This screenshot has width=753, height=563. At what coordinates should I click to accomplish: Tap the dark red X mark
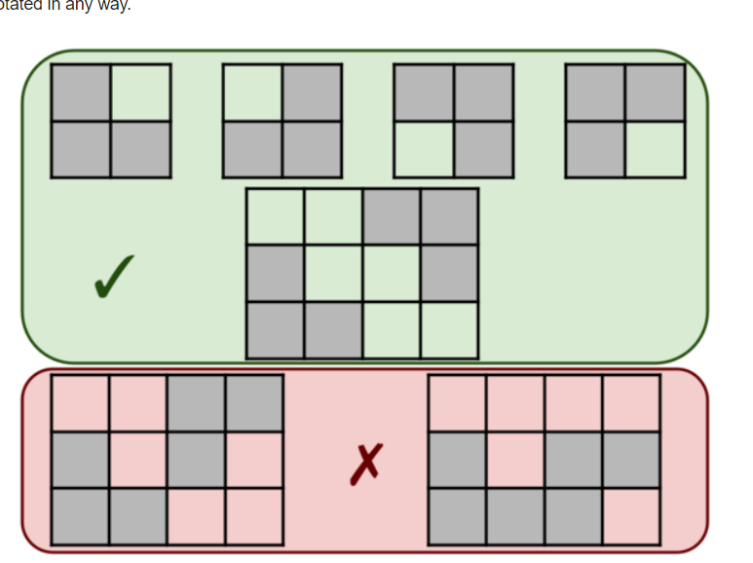coord(365,464)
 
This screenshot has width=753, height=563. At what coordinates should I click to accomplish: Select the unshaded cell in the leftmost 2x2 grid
coord(140,93)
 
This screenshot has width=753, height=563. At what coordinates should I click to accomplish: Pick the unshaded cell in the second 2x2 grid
coord(252,93)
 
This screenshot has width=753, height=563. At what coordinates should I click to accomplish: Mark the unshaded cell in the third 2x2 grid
coord(424,149)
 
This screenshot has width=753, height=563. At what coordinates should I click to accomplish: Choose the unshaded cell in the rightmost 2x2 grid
coord(655,149)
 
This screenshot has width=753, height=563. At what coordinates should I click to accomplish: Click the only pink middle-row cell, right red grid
coord(515,460)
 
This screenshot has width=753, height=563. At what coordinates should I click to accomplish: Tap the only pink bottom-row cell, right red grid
coord(631,516)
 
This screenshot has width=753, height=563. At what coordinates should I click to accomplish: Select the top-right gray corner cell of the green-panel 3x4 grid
coord(449,217)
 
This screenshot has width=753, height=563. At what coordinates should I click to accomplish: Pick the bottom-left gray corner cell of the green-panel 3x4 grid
coord(276,329)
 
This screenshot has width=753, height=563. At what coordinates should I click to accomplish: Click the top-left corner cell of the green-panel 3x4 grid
coord(276,217)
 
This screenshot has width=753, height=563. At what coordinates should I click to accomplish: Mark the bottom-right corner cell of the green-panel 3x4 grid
coord(449,329)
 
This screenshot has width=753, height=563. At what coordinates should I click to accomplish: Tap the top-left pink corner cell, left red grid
coord(80,403)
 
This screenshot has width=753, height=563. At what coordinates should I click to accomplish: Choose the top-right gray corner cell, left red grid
coord(254,403)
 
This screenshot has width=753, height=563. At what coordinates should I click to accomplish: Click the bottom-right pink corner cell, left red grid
coord(254,516)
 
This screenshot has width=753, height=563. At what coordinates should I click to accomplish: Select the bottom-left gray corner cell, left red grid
coord(80,516)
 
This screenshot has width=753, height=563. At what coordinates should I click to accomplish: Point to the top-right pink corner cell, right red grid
coord(631,403)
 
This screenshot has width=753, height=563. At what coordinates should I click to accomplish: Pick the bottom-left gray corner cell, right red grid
coord(457,516)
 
